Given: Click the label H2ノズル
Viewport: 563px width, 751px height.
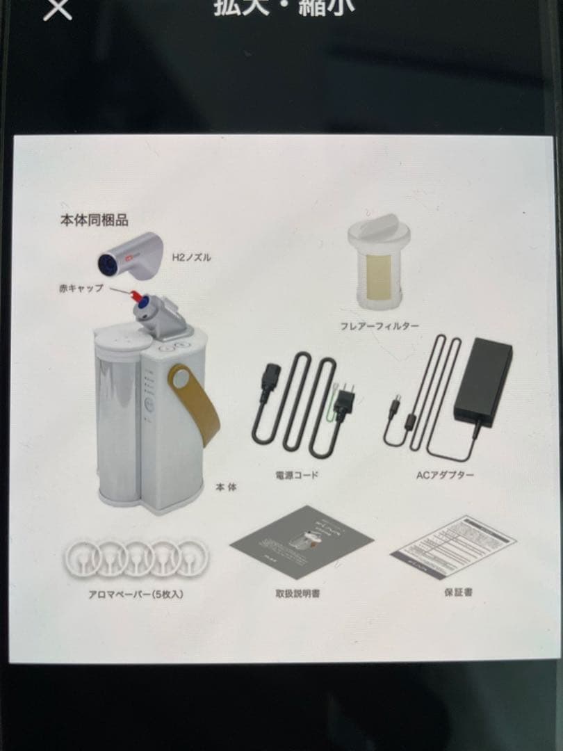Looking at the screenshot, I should (x=191, y=258).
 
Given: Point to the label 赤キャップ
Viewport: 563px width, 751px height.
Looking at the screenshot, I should (x=81, y=287).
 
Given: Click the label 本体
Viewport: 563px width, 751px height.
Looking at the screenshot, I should (x=227, y=487).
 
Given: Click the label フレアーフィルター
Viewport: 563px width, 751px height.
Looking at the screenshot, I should (x=380, y=325).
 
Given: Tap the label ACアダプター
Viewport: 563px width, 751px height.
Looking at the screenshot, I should (x=445, y=476).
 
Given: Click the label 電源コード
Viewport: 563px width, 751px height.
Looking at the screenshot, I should (x=297, y=476).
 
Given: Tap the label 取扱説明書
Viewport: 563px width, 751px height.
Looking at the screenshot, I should (x=297, y=594).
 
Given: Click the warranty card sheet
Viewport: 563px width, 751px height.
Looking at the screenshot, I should (x=453, y=547).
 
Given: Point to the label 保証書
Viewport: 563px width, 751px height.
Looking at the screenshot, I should (x=458, y=593).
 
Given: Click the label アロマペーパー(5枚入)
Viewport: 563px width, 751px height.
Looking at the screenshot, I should (x=136, y=595).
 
